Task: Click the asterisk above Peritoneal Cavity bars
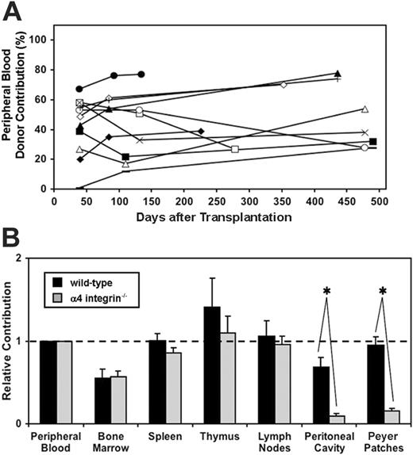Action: coord(326,290)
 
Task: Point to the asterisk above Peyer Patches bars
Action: coord(382,290)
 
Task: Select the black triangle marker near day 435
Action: coord(338,74)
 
